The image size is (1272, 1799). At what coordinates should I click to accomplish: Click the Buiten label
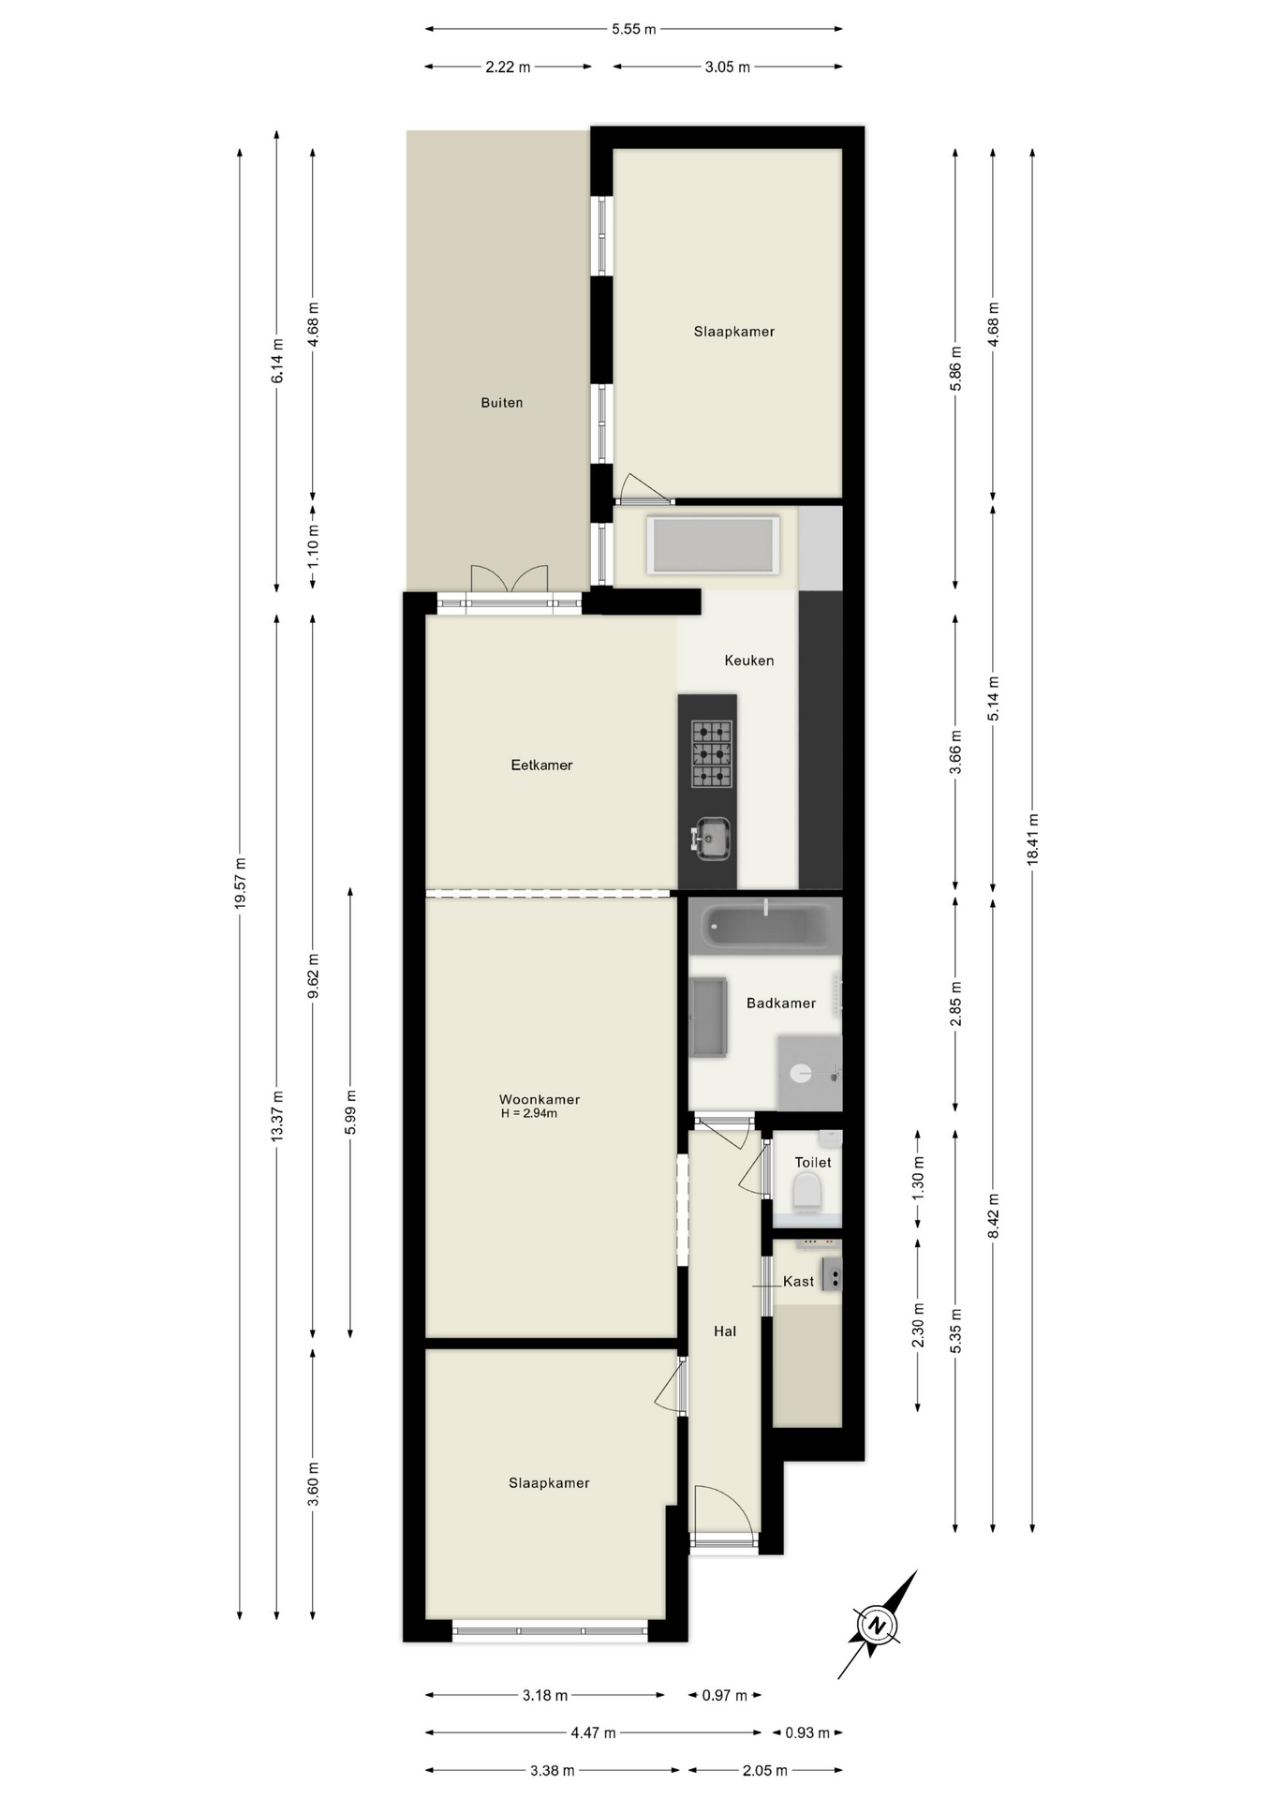pyautogui.click(x=501, y=403)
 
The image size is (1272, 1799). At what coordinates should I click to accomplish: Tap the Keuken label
pyautogui.click(x=749, y=661)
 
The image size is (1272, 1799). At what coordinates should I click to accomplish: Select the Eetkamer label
pyautogui.click(x=541, y=766)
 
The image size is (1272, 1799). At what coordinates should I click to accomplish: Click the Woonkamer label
pyautogui.click(x=540, y=1100)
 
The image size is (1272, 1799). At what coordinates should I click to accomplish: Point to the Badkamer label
pyautogui.click(x=781, y=1004)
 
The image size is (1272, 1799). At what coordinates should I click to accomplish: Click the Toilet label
pyautogui.click(x=813, y=1163)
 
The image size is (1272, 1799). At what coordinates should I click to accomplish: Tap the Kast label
pyautogui.click(x=798, y=1282)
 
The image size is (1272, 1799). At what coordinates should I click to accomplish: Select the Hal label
pyautogui.click(x=725, y=1331)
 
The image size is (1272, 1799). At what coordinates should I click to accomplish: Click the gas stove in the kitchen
pyautogui.click(x=712, y=753)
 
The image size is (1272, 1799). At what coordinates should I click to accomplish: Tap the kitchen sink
pyautogui.click(x=712, y=838)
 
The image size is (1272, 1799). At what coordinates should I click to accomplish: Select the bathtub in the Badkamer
pyautogui.click(x=765, y=925)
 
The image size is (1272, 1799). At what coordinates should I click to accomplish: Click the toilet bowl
pyautogui.click(x=806, y=1193)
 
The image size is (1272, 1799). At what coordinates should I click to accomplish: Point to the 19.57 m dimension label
pyautogui.click(x=240, y=883)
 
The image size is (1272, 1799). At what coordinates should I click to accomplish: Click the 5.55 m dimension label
pyautogui.click(x=634, y=29)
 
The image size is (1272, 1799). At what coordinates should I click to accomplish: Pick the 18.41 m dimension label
pyautogui.click(x=1032, y=839)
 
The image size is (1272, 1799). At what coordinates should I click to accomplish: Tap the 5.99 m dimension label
pyautogui.click(x=350, y=1112)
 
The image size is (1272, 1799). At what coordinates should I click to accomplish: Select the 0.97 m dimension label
pyautogui.click(x=725, y=1695)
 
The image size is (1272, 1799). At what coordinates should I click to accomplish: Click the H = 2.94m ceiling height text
pyautogui.click(x=529, y=1114)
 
